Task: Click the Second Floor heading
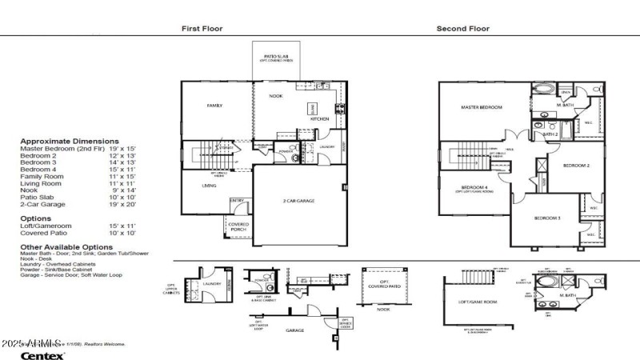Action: tap(462, 29)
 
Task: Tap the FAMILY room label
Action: tap(214, 106)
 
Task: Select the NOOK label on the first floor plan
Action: tap(276, 96)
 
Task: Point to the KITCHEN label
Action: tap(320, 119)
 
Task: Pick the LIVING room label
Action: tap(210, 186)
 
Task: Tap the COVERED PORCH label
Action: tap(238, 226)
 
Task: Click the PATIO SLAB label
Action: tap(276, 56)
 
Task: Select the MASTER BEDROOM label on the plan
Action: tap(481, 107)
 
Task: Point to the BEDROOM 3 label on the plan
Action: tap(548, 218)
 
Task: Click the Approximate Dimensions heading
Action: tap(64, 140)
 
